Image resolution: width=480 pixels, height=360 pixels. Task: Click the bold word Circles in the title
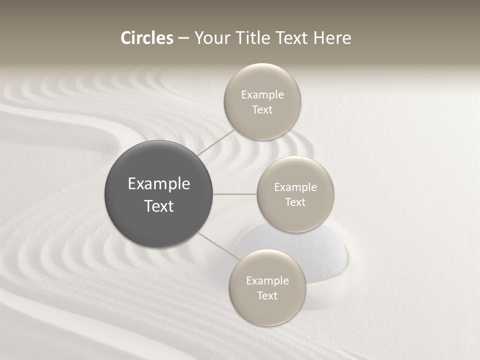click(147, 38)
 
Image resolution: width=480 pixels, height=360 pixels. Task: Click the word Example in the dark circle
click(159, 184)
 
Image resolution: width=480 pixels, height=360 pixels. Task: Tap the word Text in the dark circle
click(159, 206)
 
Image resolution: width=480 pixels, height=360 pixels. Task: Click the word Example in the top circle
click(262, 95)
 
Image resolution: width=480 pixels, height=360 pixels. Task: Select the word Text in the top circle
click(262, 110)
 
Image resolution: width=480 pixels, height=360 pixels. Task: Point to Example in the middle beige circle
click(295, 187)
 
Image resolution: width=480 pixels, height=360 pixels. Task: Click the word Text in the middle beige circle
click(295, 202)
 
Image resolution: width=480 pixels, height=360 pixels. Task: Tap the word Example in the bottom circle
click(267, 281)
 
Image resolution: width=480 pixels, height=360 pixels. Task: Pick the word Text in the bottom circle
click(267, 296)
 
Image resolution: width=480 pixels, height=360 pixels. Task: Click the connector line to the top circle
click(216, 142)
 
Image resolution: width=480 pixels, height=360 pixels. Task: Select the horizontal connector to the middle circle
click(235, 194)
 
